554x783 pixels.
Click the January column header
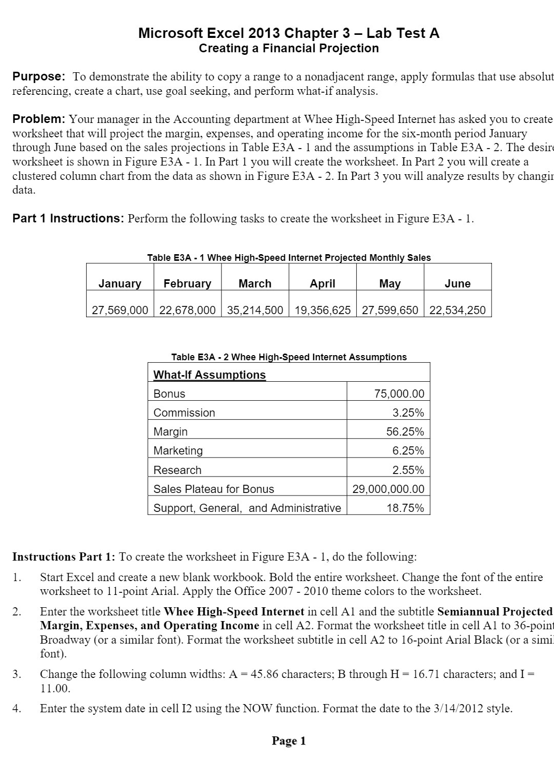[x=120, y=283]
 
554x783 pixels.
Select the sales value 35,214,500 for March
[x=255, y=310]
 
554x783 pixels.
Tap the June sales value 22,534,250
[x=457, y=310]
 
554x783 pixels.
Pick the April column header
[x=322, y=283]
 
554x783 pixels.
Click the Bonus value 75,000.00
[x=399, y=394]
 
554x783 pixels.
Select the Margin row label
[x=171, y=431]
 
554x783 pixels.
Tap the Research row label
[x=177, y=470]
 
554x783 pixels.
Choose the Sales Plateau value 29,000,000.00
[x=388, y=489]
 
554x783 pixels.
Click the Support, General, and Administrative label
[x=247, y=508]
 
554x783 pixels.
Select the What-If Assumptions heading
[x=210, y=375]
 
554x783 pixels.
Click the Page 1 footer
[x=289, y=740]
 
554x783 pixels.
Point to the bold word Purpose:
[x=39, y=77]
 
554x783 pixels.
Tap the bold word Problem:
[x=39, y=119]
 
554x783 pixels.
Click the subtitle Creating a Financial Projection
[x=289, y=48]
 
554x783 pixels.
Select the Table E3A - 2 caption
[x=289, y=357]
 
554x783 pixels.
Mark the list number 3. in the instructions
[x=17, y=674]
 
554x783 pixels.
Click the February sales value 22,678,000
[x=188, y=310]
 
